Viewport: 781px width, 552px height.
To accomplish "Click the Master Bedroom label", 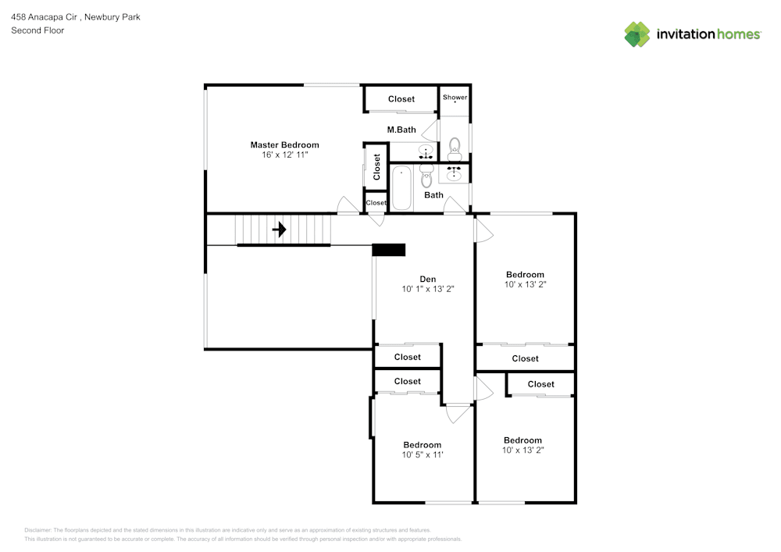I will point(284,144).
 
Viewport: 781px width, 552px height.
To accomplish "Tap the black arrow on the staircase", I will point(279,230).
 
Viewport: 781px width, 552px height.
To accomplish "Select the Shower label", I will point(455,98).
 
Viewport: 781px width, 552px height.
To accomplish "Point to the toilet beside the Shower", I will point(455,145).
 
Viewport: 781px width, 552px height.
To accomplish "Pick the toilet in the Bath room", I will point(426,176).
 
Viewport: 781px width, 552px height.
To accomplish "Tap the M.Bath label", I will point(401,130).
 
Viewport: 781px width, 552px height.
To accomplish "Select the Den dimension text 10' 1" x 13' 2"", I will point(428,289).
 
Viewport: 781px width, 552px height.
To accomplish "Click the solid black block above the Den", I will point(388,250).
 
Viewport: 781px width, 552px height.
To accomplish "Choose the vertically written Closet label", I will point(376,166).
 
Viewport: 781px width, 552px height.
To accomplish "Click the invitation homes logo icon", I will point(637,34).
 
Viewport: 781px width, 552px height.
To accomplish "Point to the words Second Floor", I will point(37,30).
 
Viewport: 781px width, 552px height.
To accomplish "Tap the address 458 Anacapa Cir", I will point(48,16).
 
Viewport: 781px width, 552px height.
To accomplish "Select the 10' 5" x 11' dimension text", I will point(423,454).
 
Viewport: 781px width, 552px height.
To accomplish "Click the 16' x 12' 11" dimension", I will point(285,155).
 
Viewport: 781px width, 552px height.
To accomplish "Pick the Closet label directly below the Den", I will point(407,357).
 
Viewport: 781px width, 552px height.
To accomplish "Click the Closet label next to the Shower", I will point(401,99).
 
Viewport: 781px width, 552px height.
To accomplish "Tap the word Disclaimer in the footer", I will point(38,529).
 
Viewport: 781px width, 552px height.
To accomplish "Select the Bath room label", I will point(433,195).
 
